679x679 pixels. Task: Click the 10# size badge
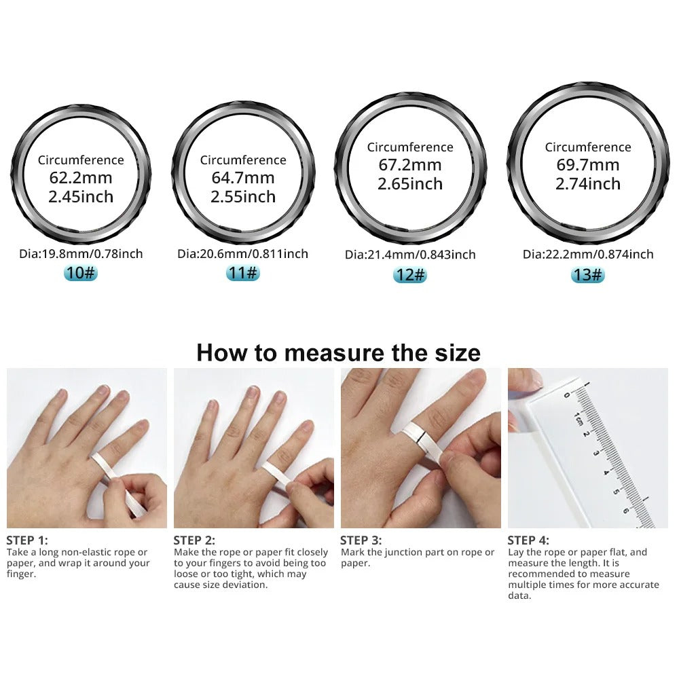(81, 274)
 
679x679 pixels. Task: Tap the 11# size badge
(242, 274)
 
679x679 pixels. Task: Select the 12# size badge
(410, 275)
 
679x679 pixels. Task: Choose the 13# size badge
(587, 274)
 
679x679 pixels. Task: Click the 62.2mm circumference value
(81, 179)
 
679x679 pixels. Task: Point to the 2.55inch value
(243, 197)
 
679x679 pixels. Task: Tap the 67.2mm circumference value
(410, 165)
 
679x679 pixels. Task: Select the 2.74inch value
(588, 184)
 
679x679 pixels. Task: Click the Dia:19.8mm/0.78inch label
(81, 254)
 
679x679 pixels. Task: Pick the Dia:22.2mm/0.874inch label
(588, 255)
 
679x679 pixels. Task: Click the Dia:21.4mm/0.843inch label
(410, 255)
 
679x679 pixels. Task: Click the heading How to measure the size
(338, 353)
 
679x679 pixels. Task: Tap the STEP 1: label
(27, 540)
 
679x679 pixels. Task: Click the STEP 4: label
(528, 540)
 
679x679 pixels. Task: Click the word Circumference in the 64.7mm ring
(243, 160)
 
